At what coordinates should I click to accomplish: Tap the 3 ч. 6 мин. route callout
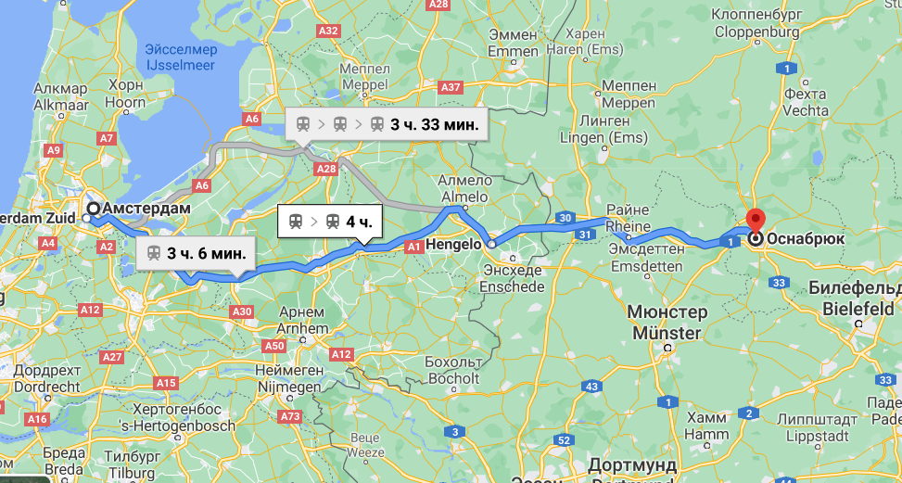click(x=195, y=252)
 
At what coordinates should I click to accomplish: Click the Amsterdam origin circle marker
click(x=94, y=209)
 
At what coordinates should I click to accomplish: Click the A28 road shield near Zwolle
click(x=326, y=169)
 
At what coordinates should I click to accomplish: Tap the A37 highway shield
click(x=451, y=87)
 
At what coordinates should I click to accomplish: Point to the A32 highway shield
click(x=328, y=31)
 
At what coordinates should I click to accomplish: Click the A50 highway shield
click(x=274, y=346)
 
